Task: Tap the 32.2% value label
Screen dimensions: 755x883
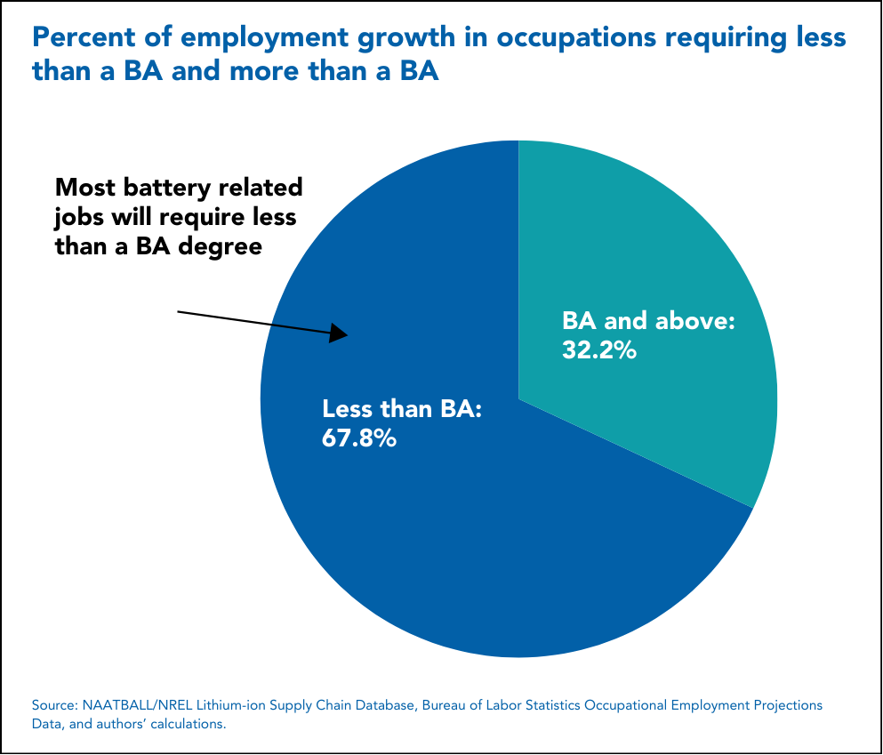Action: click(598, 350)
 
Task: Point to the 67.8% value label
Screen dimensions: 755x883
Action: click(359, 438)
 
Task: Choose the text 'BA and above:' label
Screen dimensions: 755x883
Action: click(649, 321)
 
